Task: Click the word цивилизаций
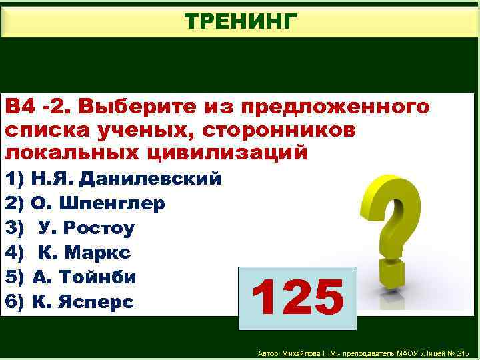(x=225, y=153)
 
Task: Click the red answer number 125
(x=298, y=298)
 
